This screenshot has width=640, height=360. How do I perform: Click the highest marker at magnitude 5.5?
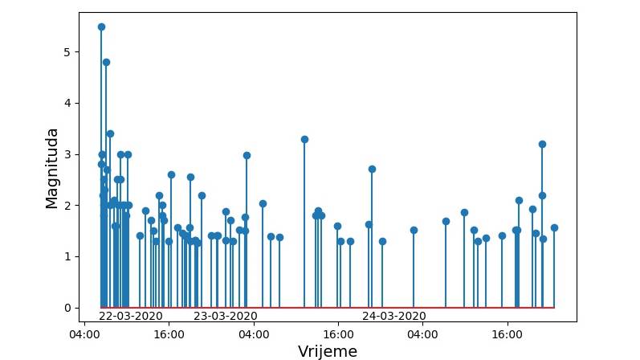(x=101, y=27)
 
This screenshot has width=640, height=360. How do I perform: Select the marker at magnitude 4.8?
(x=106, y=62)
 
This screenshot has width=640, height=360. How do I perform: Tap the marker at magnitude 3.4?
(x=110, y=133)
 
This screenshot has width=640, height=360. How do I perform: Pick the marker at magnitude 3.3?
(x=304, y=139)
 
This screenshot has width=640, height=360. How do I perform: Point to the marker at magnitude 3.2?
(x=542, y=144)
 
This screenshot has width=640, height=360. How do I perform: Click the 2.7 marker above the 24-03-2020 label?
(x=372, y=169)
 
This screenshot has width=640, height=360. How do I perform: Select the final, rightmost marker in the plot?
(x=554, y=227)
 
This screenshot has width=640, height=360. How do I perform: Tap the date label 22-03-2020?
(x=130, y=316)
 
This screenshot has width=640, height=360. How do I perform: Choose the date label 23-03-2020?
(x=225, y=316)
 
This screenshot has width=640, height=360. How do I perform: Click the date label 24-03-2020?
(x=393, y=316)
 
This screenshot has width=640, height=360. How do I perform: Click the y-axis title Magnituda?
(x=52, y=168)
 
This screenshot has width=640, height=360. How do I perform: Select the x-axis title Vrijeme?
(x=327, y=351)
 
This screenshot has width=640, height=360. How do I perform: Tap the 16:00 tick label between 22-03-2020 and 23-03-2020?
(x=169, y=333)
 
